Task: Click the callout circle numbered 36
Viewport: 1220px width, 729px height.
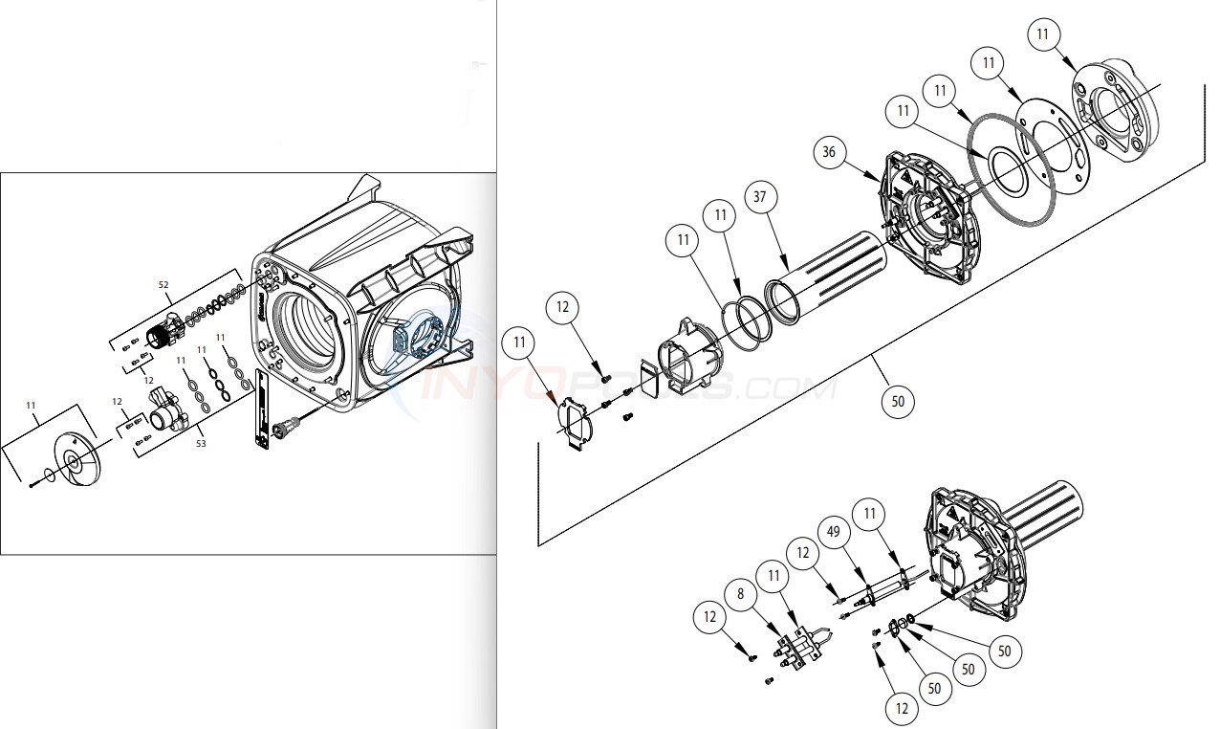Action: coord(828,152)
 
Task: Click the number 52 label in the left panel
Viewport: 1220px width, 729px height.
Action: coord(163,285)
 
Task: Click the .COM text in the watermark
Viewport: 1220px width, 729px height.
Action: coord(785,389)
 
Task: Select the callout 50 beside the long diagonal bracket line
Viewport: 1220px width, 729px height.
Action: coord(897,402)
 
